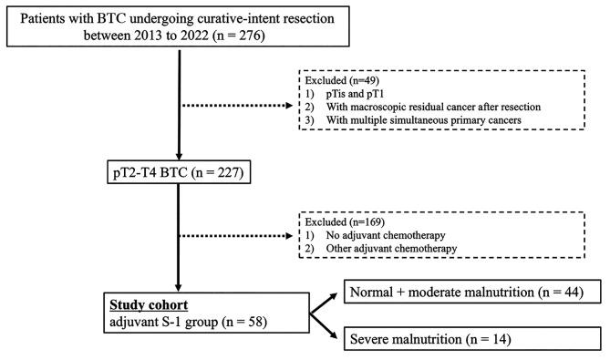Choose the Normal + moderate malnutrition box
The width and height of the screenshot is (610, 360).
tap(466, 292)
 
